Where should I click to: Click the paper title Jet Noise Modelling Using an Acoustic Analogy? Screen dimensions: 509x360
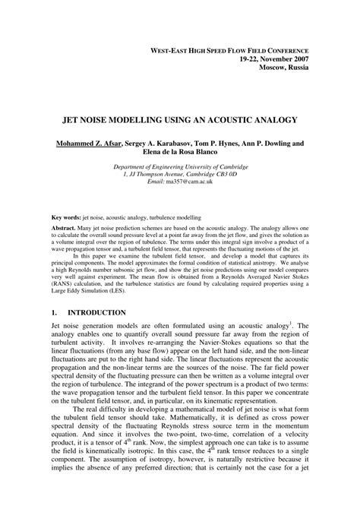tap(179, 120)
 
